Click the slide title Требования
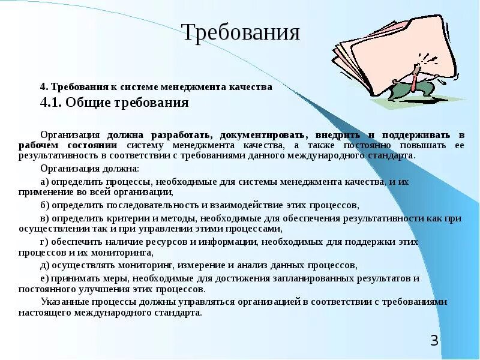[240, 32]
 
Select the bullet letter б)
[44, 205]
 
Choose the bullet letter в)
[44, 219]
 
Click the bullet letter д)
[44, 265]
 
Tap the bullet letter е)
[44, 279]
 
